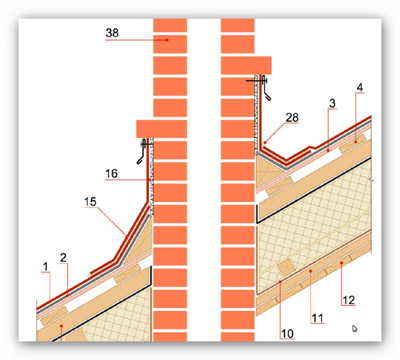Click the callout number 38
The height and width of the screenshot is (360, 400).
112,33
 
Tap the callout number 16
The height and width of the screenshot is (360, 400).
111,174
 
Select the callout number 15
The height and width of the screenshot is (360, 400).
90,202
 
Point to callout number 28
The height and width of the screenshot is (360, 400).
292,117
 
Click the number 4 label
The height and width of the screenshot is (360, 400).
360,88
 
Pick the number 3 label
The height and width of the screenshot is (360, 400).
332,103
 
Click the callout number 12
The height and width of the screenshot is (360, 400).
349,300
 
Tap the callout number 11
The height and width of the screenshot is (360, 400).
318,318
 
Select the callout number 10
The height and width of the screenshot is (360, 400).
287,334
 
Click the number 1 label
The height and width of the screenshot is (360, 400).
46,267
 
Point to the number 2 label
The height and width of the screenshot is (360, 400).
63,258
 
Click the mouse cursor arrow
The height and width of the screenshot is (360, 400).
355,328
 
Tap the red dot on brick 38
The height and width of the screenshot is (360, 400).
167,40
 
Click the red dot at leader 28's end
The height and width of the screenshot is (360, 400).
265,143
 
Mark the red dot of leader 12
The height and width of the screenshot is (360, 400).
341,262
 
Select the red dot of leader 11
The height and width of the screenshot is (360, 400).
311,271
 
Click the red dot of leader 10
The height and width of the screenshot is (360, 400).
280,282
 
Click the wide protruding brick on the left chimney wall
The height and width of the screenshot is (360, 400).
161,129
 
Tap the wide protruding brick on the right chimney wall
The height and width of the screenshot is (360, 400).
246,65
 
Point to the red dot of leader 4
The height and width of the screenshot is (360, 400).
356,142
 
